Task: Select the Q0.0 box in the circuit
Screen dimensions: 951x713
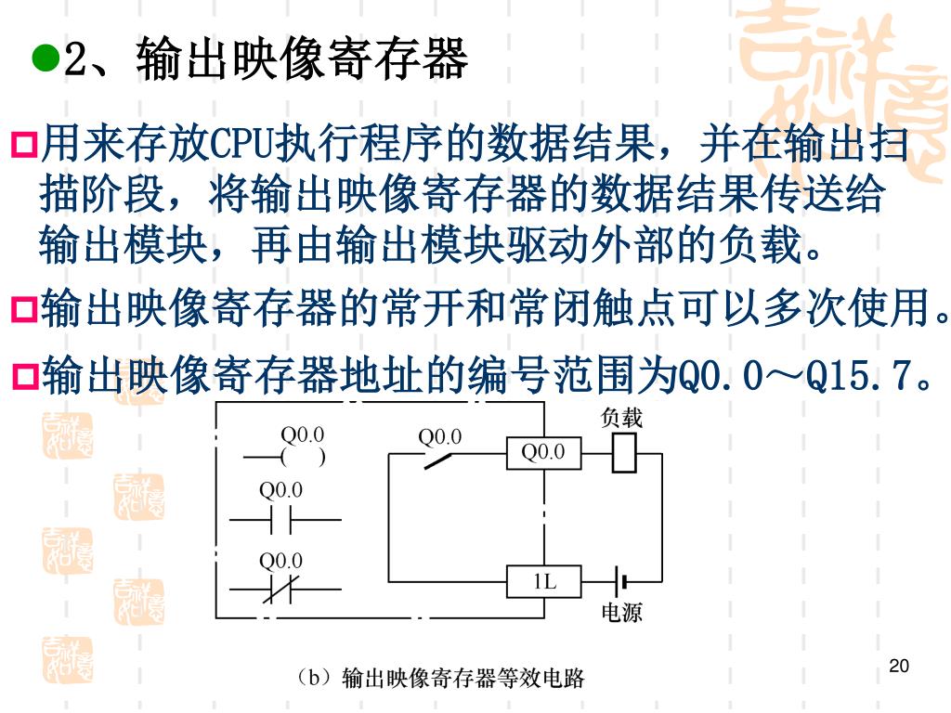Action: (x=543, y=453)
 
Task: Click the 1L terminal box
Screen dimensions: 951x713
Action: (x=543, y=582)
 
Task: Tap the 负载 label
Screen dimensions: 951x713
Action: (x=621, y=419)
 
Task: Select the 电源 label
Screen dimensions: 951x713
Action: (x=621, y=613)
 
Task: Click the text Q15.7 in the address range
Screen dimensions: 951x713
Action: (x=864, y=377)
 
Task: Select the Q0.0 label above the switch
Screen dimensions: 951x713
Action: (x=440, y=434)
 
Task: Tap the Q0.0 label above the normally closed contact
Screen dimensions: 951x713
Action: (x=280, y=561)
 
